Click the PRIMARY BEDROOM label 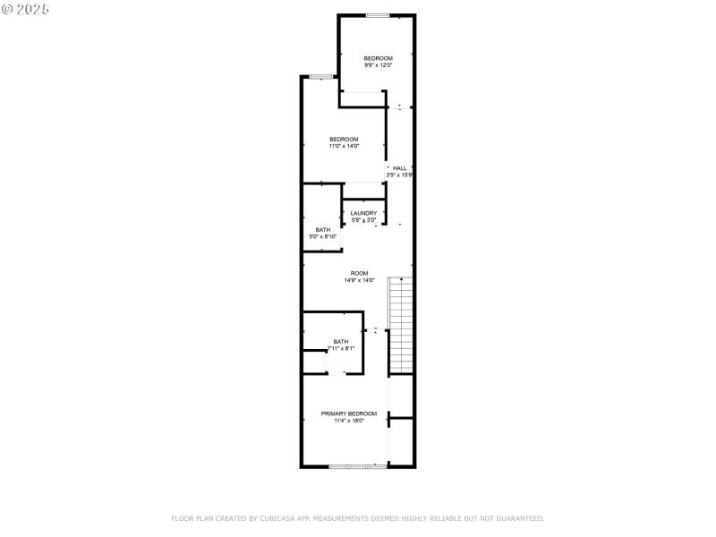(x=349, y=413)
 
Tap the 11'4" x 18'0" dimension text (x=349, y=421)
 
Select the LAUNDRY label (x=363, y=213)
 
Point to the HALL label (x=400, y=168)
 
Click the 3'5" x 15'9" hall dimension (x=399, y=175)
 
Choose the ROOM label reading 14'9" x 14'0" (x=359, y=273)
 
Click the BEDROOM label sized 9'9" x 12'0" (x=378, y=58)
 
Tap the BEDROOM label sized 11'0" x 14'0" (x=344, y=139)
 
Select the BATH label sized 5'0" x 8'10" (x=322, y=230)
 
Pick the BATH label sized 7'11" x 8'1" (x=341, y=341)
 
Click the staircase (x=400, y=327)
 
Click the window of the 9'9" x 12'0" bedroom (x=377, y=15)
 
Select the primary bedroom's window (x=358, y=466)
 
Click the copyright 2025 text (x=26, y=8)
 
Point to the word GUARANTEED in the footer (x=522, y=518)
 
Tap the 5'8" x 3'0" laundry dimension (x=363, y=220)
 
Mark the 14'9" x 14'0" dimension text (x=359, y=280)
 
